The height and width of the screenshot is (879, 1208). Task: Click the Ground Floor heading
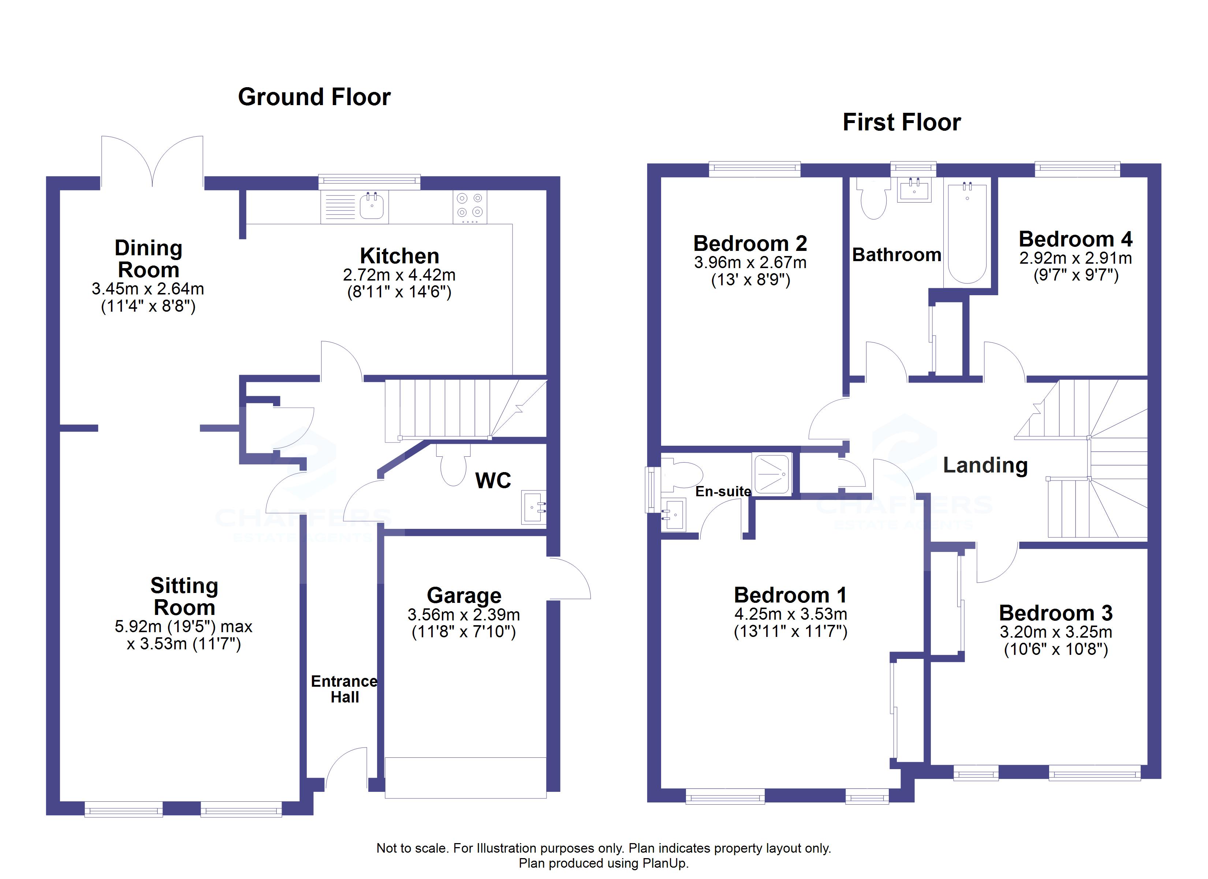(x=314, y=97)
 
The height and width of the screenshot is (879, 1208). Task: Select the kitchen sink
(x=371, y=206)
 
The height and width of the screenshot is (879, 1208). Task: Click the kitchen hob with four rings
(x=470, y=206)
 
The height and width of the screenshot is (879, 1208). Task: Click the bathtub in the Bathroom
(x=967, y=232)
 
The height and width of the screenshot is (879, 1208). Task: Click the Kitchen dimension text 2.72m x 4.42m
(x=399, y=275)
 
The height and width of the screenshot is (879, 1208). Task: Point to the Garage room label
(x=464, y=595)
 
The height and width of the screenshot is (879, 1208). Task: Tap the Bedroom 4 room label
(x=1075, y=239)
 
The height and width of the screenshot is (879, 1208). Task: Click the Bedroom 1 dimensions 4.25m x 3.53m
(x=790, y=614)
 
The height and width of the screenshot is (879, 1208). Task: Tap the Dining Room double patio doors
(x=152, y=160)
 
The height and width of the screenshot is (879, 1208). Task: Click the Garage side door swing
(x=569, y=578)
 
